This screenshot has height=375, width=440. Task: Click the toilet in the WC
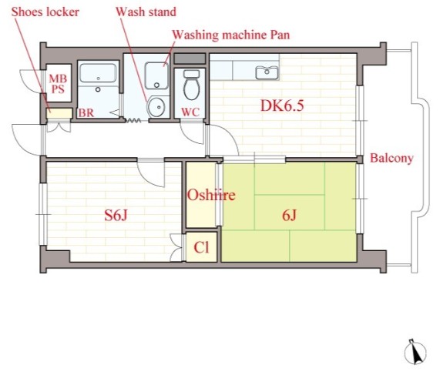(x=192, y=85)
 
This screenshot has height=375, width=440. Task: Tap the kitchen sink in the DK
(x=267, y=72)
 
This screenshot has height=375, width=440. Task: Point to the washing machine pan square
(x=156, y=75)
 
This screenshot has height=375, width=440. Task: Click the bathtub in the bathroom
(x=98, y=73)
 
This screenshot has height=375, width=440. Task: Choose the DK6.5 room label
(x=282, y=106)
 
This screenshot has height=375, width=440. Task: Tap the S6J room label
(x=116, y=216)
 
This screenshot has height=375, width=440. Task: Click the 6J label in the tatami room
(x=289, y=216)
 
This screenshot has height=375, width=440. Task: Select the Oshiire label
(x=211, y=195)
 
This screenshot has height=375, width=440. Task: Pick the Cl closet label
(x=201, y=247)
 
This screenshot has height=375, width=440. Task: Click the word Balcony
(x=391, y=158)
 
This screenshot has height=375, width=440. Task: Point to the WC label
(x=190, y=112)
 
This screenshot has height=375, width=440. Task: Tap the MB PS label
(x=58, y=84)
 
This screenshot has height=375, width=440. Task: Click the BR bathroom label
(x=86, y=112)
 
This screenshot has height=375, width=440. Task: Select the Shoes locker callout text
(x=45, y=12)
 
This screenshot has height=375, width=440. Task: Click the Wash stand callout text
(x=146, y=12)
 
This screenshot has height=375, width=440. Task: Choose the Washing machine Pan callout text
(x=230, y=35)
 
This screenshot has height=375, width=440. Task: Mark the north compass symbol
(x=415, y=352)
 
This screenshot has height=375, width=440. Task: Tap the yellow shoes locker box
(x=59, y=113)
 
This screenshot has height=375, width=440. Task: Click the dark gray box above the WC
(x=190, y=59)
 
